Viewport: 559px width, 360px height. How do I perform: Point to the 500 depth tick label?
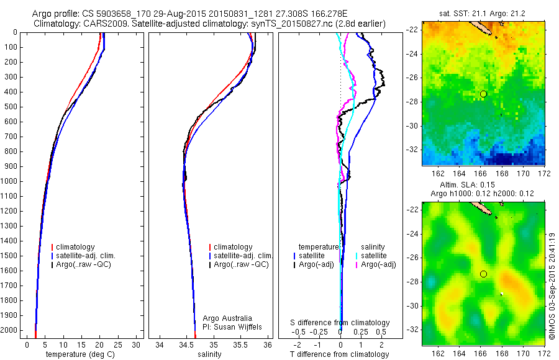coord(11,107)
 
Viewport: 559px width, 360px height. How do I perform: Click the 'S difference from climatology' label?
coord(340,323)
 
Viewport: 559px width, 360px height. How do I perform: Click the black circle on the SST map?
coord(483,94)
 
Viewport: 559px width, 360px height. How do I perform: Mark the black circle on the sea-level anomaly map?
coord(483,274)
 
